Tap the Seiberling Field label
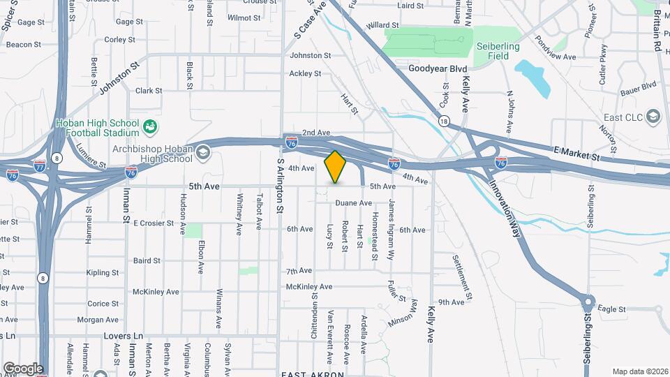[x=496, y=50]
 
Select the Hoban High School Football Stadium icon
[x=149, y=127]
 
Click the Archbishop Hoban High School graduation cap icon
[x=202, y=152]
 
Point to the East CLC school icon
[x=653, y=116]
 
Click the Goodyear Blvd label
[x=437, y=68]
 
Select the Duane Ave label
[x=353, y=203]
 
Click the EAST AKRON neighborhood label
[x=312, y=374]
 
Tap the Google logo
[x=23, y=369]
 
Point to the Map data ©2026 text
[x=639, y=371]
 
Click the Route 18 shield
[x=444, y=121]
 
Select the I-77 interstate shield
[x=40, y=165]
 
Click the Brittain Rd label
[x=657, y=35]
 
